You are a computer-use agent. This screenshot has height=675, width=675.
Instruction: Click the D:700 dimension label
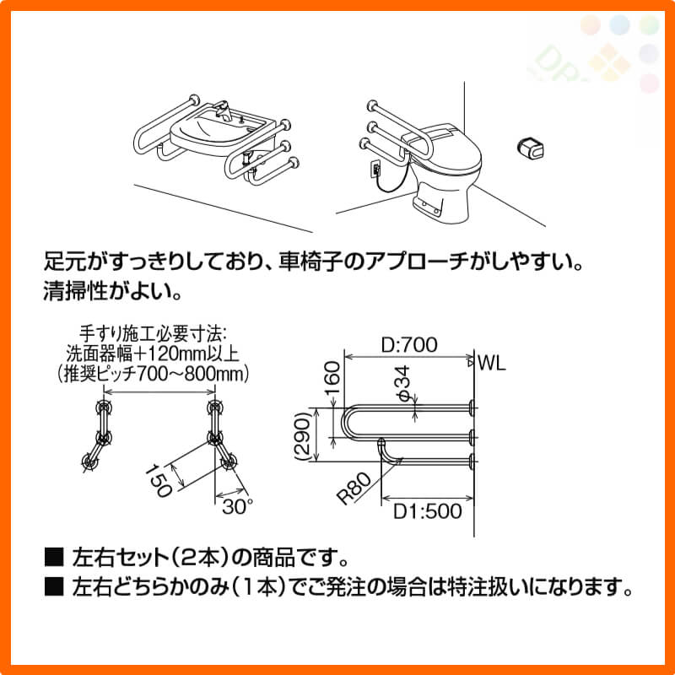[x=409, y=345]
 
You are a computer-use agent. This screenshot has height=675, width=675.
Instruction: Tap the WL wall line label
[x=492, y=364]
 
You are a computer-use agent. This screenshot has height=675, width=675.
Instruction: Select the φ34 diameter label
[x=404, y=384]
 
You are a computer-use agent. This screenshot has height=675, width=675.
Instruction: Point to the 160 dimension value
[x=332, y=378]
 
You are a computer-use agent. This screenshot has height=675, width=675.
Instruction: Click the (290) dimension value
[x=303, y=436]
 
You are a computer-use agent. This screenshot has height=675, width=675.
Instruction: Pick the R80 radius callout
[x=354, y=489]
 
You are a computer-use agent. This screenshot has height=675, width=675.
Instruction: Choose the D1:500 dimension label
[x=428, y=511]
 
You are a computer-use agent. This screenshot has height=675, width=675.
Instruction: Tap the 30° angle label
[x=237, y=507]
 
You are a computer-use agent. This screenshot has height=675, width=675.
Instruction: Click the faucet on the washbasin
[x=224, y=111]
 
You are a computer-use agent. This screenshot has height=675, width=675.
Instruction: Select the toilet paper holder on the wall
[x=530, y=148]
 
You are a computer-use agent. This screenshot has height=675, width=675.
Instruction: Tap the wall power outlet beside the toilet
[x=375, y=168]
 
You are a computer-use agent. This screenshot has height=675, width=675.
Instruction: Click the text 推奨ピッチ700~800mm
[x=154, y=373]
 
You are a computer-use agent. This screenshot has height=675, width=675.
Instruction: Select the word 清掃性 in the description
[x=75, y=292]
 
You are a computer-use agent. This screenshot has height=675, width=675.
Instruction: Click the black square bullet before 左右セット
[x=54, y=557]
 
